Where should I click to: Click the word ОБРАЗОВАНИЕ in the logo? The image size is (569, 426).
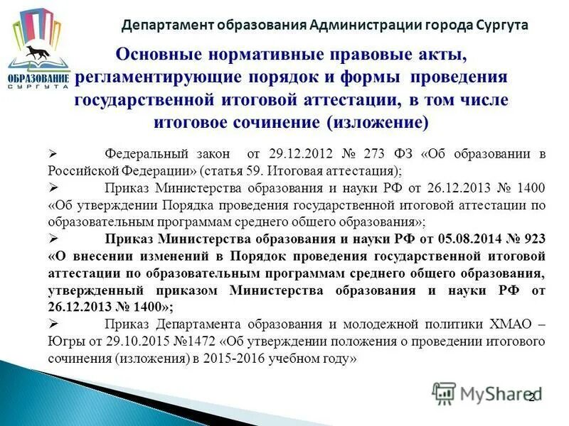[39, 77]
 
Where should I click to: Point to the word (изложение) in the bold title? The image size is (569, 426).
[378, 122]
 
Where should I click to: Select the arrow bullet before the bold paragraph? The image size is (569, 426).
[54, 238]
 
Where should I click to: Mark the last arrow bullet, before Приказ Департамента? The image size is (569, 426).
[54, 324]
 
